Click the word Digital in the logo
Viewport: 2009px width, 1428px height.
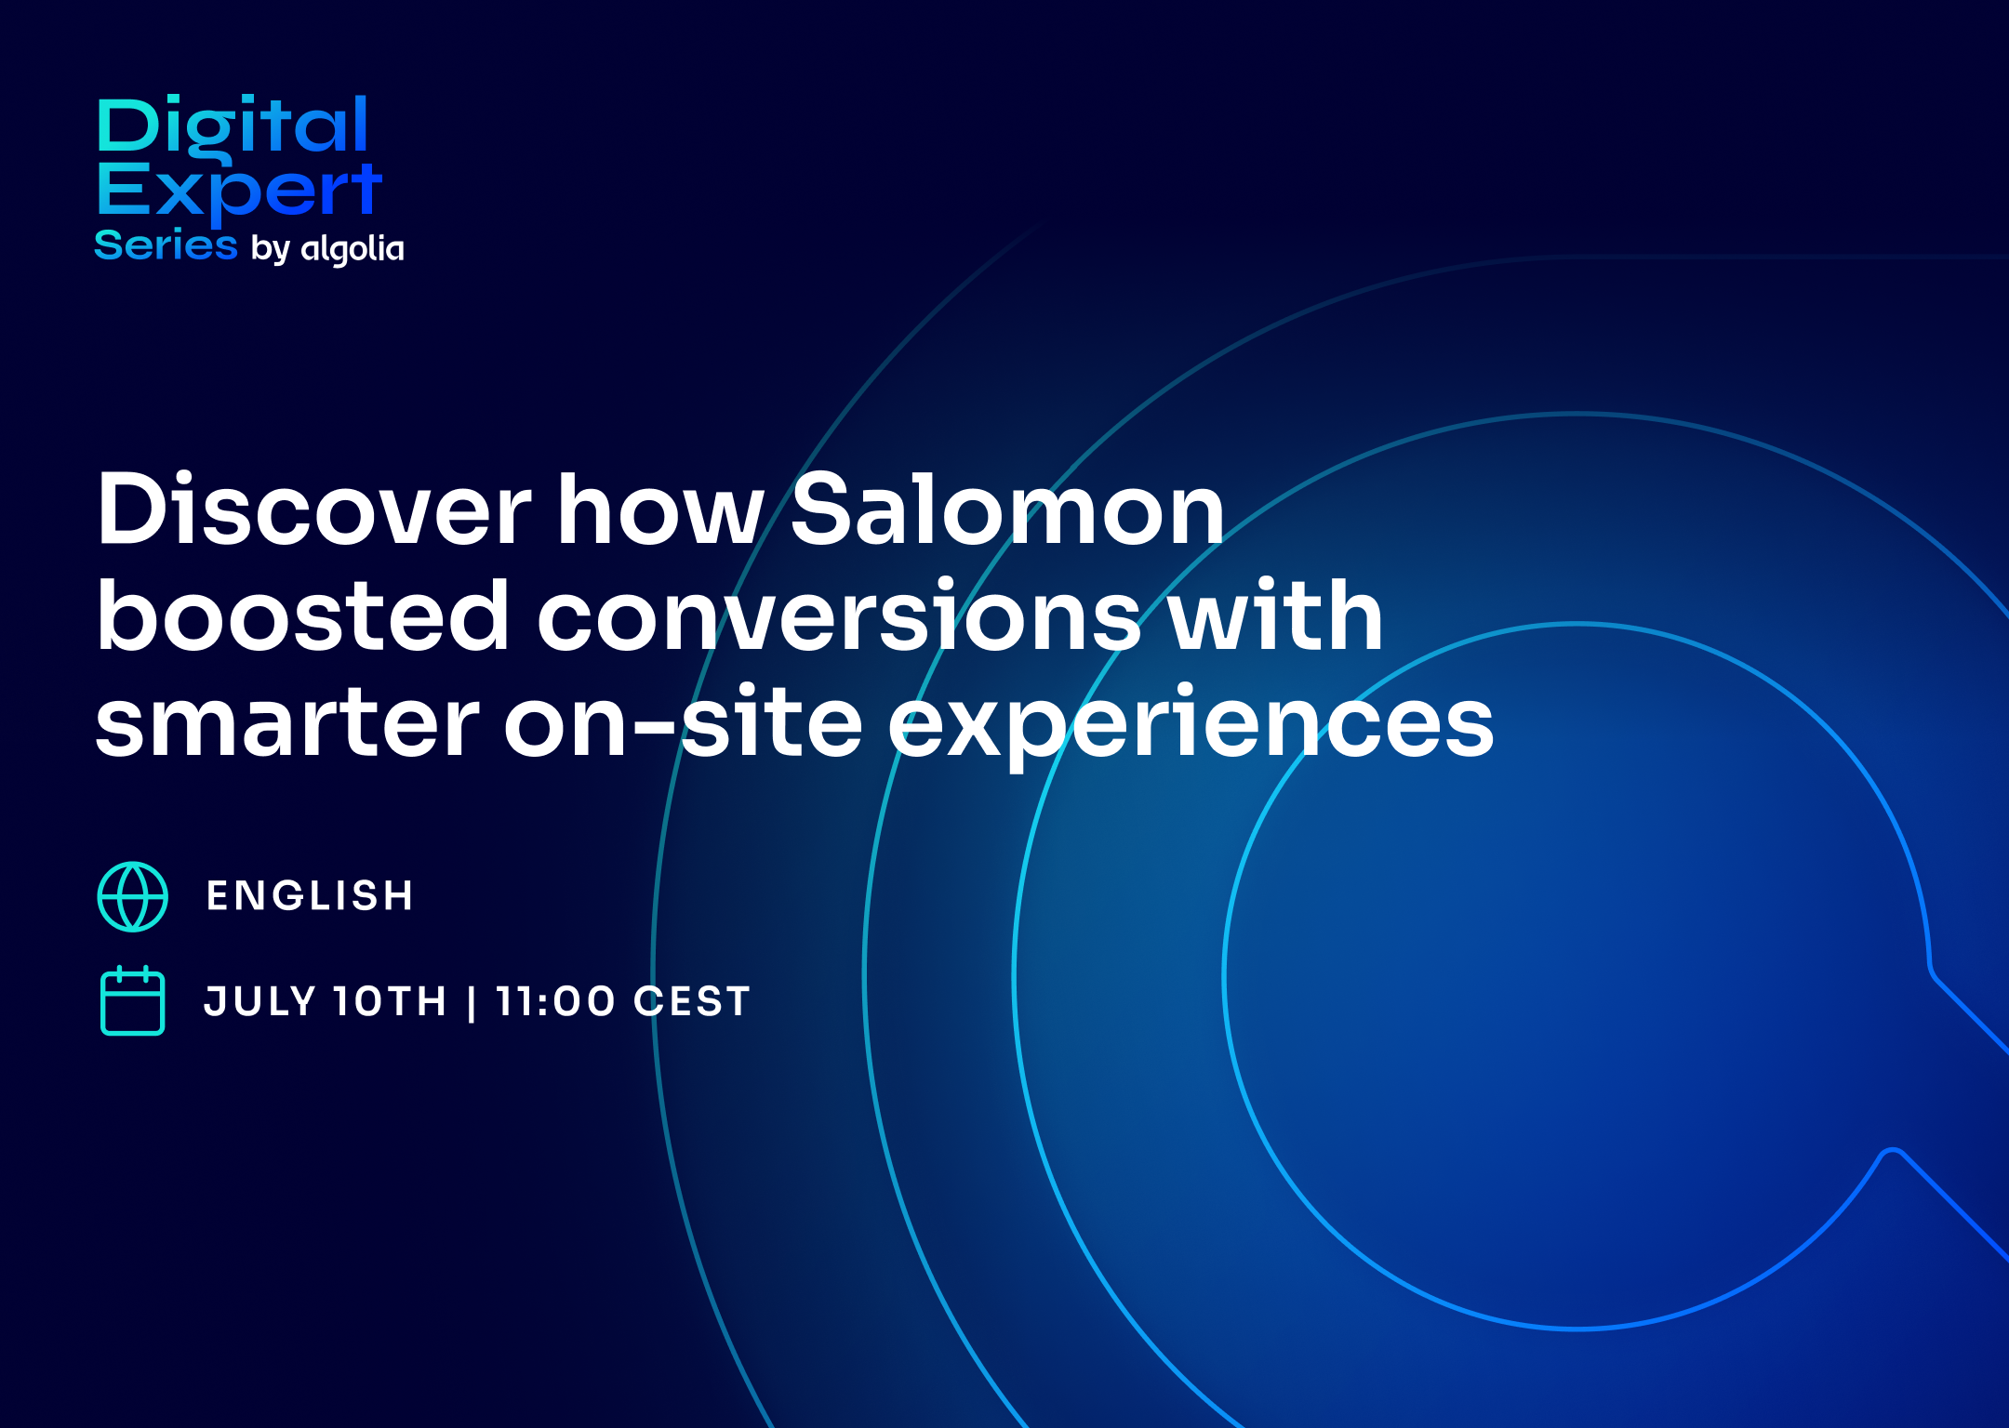pos(233,128)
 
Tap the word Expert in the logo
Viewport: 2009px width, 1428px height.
pos(239,192)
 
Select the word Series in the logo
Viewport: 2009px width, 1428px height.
pos(166,245)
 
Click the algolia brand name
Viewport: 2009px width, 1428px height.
pos(353,248)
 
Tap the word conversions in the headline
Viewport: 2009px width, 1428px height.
pos(839,615)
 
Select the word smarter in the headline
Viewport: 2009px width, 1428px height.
pos(287,723)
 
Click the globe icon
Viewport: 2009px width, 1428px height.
pos(133,896)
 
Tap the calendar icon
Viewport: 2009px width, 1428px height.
pos(133,1001)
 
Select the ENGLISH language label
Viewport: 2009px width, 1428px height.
pos(311,896)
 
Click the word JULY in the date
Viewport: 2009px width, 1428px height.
pos(261,1001)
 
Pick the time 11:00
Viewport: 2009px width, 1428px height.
pos(555,1001)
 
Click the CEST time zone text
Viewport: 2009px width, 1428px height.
pos(692,1001)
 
